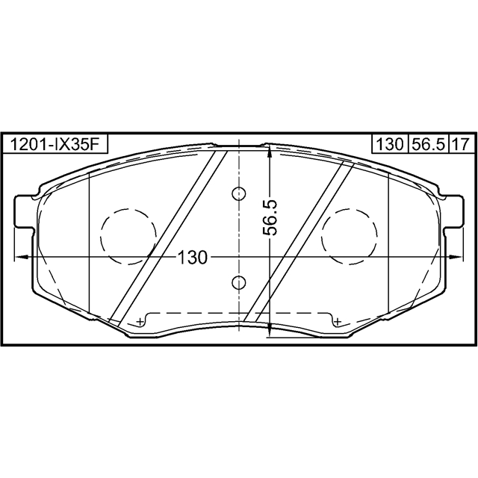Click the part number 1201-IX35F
click(54, 144)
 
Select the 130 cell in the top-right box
click(389, 144)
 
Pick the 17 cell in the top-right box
click(460, 144)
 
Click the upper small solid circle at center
click(238, 193)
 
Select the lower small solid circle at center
click(238, 282)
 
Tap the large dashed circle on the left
click(128, 235)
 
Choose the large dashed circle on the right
click(349, 235)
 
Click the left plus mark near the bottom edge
click(140, 321)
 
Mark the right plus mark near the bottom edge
click(338, 321)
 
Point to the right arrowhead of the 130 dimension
click(457, 256)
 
